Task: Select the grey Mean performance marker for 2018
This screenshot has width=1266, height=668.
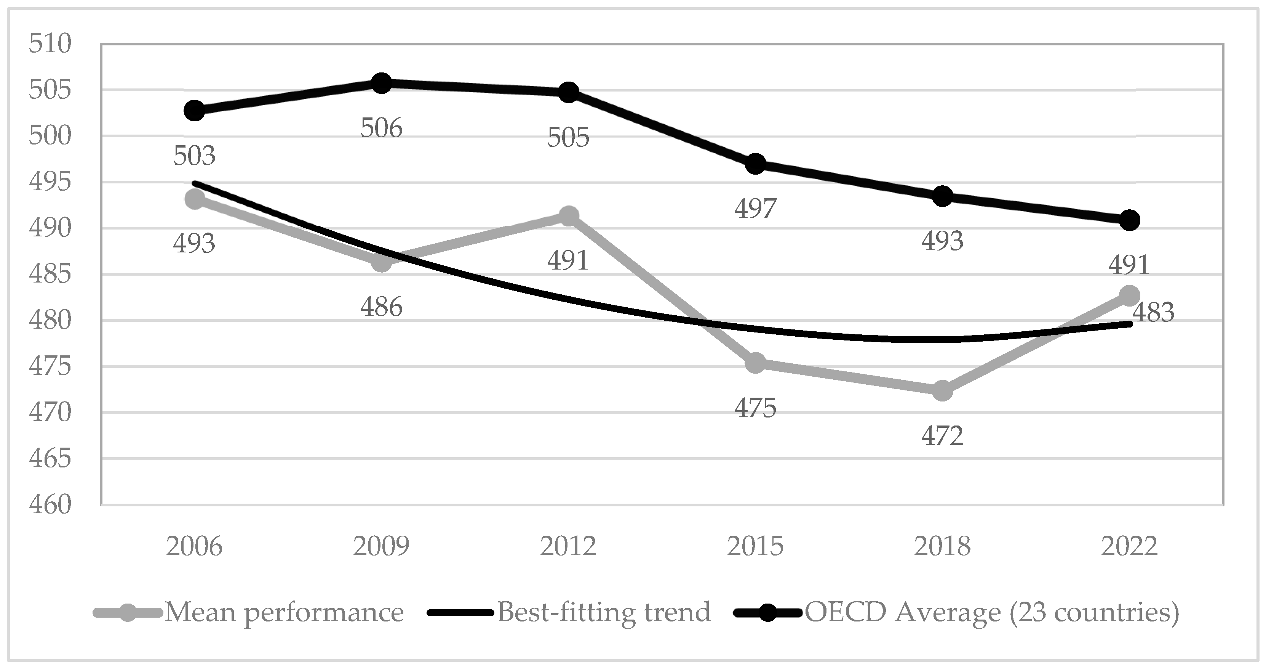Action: (942, 391)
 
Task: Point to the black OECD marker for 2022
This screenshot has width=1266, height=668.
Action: (1129, 220)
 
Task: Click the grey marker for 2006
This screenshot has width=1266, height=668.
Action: (195, 199)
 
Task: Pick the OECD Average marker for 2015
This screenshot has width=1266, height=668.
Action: (755, 164)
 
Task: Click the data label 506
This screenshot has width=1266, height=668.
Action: (381, 128)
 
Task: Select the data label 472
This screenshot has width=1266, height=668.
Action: (942, 436)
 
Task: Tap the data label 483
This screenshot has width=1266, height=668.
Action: (1153, 312)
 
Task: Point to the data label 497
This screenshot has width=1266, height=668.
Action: (755, 209)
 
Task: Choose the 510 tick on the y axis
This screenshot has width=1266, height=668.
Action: (50, 44)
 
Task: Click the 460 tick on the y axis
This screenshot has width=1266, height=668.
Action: (50, 505)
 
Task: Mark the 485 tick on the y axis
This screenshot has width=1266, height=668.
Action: (50, 274)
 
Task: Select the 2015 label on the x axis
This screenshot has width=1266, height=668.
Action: (755, 546)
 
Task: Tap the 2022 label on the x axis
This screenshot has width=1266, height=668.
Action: (1129, 546)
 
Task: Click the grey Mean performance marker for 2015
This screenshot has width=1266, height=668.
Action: (755, 363)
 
